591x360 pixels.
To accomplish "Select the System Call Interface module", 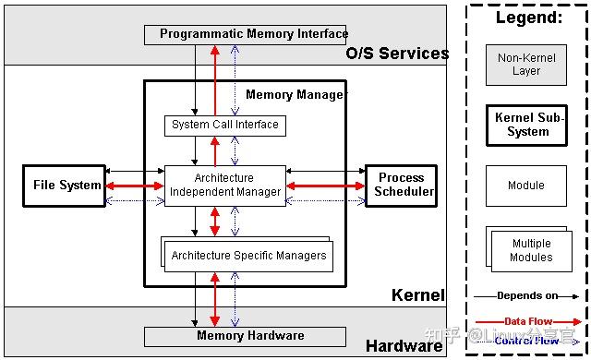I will pos(224,125).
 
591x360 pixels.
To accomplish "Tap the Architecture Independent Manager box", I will pos(224,186).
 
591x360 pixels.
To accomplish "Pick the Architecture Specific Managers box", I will pos(247,255).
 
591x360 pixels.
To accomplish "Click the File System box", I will pos(66,186).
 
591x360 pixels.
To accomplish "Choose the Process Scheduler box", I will pos(401,186).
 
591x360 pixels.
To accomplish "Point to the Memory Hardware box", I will pos(249,336).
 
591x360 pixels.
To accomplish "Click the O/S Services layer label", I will pos(397,54).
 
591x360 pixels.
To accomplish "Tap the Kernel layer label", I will pos(417,295).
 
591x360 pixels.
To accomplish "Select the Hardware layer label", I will pos(404,346).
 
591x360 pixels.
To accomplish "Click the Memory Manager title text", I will pos(295,95).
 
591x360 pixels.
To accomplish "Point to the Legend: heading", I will pos(528,18).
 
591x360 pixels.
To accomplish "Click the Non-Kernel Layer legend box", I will pos(526,65).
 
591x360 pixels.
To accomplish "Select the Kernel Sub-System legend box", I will pos(527,125).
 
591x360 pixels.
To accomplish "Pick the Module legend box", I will pos(526,186).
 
